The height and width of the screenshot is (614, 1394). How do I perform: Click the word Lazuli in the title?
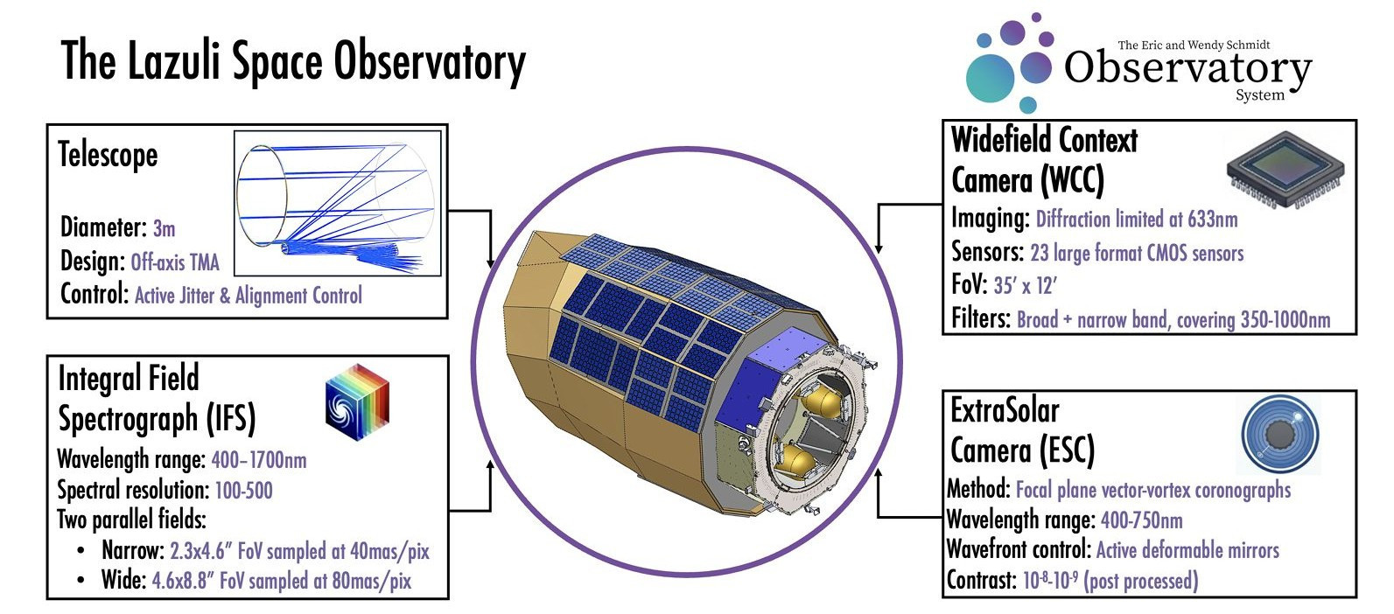[x=174, y=61]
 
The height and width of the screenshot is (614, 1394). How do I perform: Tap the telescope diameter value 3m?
[x=165, y=228]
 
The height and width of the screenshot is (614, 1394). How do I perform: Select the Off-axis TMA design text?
[x=175, y=262]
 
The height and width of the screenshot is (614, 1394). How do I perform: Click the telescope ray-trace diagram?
[x=337, y=203]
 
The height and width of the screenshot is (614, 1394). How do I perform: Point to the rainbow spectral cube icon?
[x=357, y=401]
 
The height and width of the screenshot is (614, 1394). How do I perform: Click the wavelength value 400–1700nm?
[x=259, y=460]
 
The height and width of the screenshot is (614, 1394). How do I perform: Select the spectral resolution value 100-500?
[x=244, y=490]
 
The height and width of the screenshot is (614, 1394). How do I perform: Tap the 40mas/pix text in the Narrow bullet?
[x=389, y=551]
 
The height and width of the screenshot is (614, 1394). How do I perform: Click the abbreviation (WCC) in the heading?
[x=1072, y=180]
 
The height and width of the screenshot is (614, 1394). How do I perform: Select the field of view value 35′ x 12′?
[x=1025, y=285]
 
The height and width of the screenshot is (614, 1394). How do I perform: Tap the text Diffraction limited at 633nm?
[x=1137, y=219]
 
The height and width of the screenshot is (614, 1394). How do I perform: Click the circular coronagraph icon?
[x=1280, y=434]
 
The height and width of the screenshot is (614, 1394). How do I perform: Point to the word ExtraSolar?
[x=1005, y=410]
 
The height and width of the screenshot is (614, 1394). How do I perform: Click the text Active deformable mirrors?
[x=1187, y=550]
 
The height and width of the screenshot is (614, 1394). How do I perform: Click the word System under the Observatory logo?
[x=1260, y=95]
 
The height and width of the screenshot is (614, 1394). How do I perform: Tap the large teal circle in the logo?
[x=990, y=79]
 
